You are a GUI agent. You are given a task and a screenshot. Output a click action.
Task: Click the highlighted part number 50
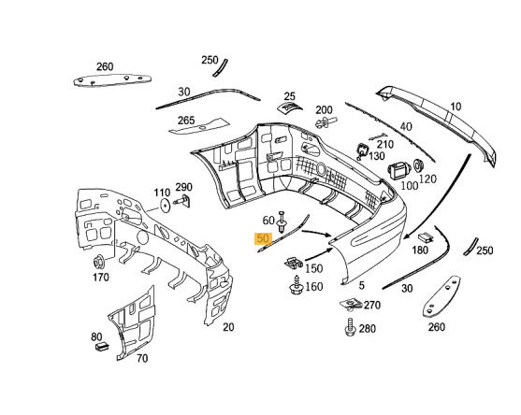263,238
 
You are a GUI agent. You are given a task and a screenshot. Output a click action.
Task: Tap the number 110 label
162,193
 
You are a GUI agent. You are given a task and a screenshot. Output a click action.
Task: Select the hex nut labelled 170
99,263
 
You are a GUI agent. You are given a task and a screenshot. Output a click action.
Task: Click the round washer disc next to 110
166,207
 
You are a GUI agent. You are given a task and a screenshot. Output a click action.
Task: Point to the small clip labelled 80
102,347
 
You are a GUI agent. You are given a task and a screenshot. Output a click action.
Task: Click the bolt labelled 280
350,327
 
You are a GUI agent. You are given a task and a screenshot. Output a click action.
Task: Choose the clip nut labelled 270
350,304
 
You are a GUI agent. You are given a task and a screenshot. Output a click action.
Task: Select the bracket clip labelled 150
294,263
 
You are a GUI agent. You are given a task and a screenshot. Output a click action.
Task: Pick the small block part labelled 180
426,237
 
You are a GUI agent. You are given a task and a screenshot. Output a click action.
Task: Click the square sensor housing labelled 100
399,171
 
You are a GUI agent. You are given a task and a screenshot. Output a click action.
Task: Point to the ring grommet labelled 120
418,165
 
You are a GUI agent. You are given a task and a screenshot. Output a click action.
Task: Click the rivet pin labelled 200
326,122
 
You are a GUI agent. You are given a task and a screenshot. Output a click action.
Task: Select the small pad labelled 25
289,107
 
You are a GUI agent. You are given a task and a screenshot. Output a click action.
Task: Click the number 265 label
186,121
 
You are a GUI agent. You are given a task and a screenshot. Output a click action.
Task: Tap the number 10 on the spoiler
456,107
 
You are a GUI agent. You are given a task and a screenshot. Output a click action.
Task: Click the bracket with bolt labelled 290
183,201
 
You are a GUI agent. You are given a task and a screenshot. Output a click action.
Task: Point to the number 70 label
142,359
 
